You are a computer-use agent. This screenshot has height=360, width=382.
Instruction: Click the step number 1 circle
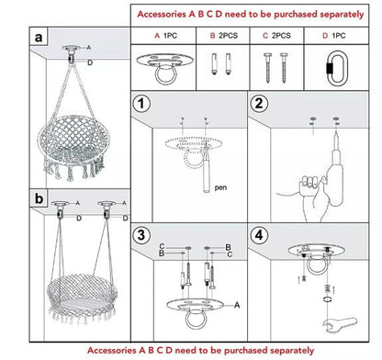(x=142, y=105)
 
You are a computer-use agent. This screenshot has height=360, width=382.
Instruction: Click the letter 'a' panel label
(x=38, y=39)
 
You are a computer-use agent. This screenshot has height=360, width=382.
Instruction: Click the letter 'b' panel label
(x=38, y=197)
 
